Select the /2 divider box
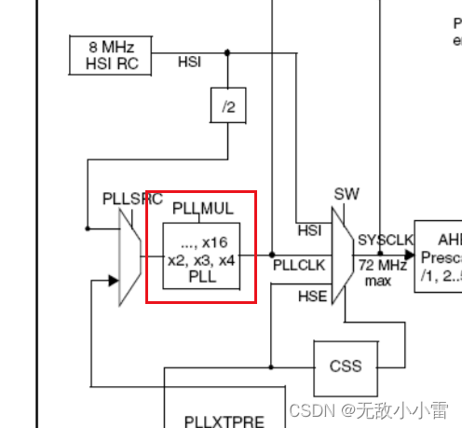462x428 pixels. pyautogui.click(x=226, y=106)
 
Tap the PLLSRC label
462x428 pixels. pyautogui.click(x=131, y=200)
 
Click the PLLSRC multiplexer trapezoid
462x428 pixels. pyautogui.click(x=129, y=253)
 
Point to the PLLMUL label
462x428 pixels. pyautogui.click(x=202, y=208)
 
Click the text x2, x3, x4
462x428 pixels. pyautogui.click(x=201, y=260)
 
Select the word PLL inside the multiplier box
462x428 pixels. pyautogui.click(x=201, y=276)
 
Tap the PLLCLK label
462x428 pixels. pyautogui.click(x=299, y=265)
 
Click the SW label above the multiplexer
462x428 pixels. pyautogui.click(x=346, y=194)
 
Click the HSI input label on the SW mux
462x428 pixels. pyautogui.click(x=309, y=230)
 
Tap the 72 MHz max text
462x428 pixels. pyautogui.click(x=377, y=270)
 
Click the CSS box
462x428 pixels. pyautogui.click(x=346, y=366)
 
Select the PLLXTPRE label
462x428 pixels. pyautogui.click(x=224, y=421)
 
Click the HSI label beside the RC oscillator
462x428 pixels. pyautogui.click(x=189, y=62)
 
